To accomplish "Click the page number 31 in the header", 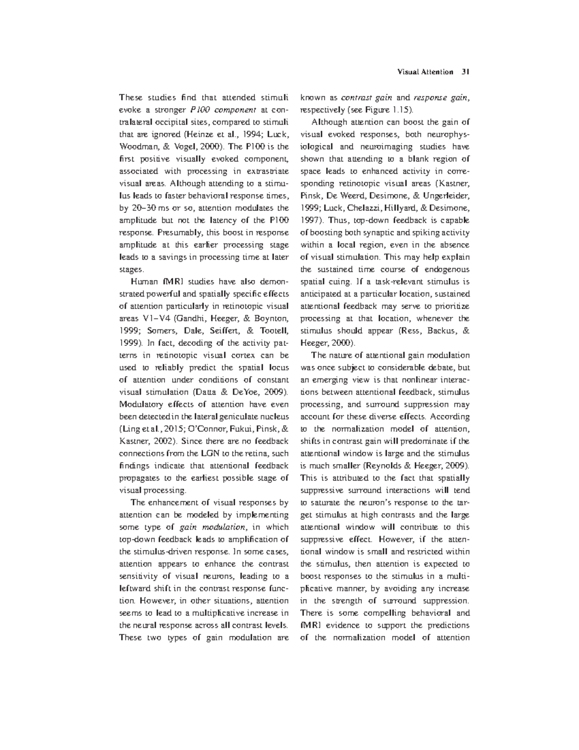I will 465,72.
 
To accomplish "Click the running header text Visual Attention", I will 425,72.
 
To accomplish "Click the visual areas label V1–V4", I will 157,319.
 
